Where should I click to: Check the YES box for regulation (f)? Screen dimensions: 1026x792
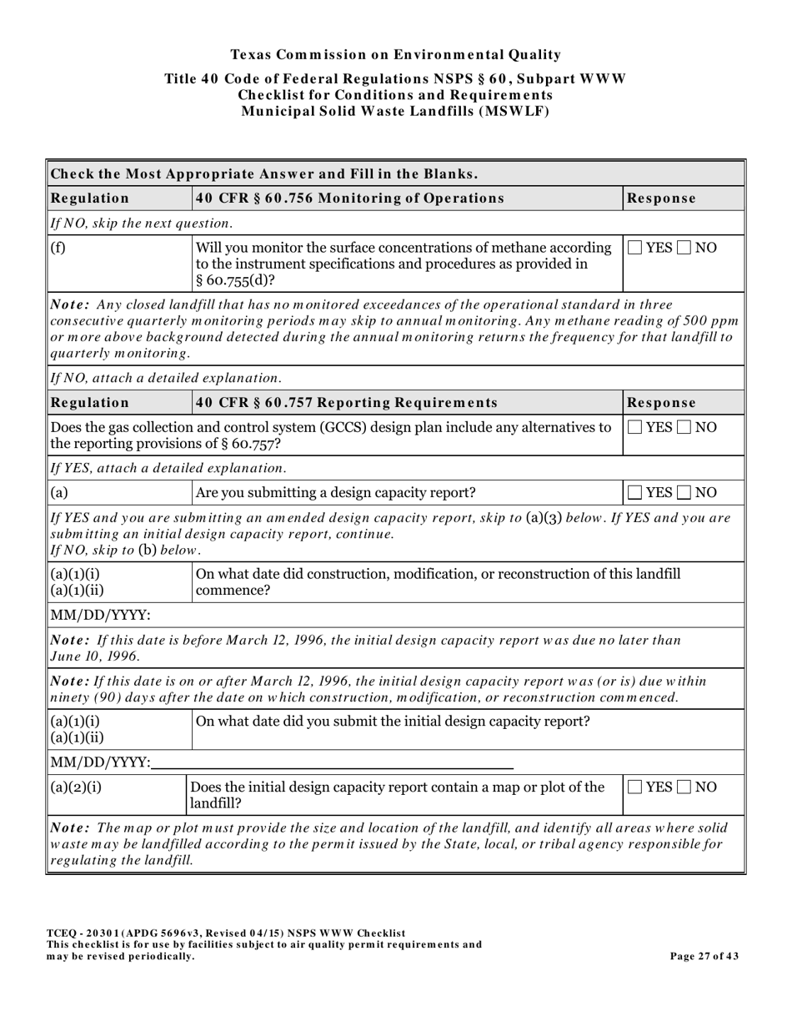pos(634,248)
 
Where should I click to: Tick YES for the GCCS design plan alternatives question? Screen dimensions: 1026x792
pos(634,428)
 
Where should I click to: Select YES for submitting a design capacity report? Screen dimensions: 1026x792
pos(634,492)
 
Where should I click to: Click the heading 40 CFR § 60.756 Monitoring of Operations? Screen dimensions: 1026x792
pos(349,199)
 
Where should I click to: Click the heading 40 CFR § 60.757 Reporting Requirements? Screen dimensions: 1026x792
pos(346,403)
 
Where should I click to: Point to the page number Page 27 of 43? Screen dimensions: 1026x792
pos(704,956)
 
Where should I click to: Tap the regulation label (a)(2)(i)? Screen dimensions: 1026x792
pos(77,787)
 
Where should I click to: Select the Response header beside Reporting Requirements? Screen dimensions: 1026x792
pos(661,403)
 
